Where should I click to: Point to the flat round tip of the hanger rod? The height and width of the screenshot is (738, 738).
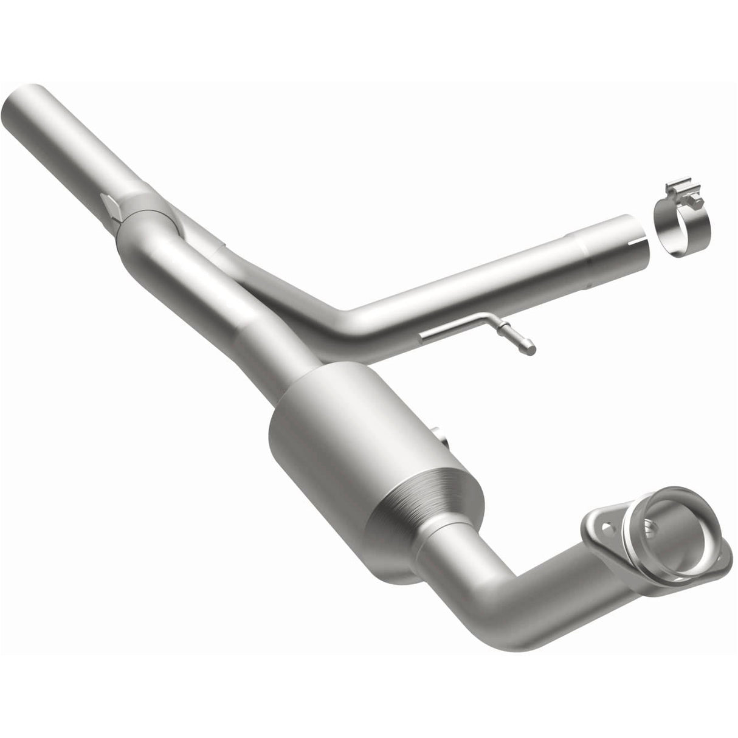click(x=533, y=350)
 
